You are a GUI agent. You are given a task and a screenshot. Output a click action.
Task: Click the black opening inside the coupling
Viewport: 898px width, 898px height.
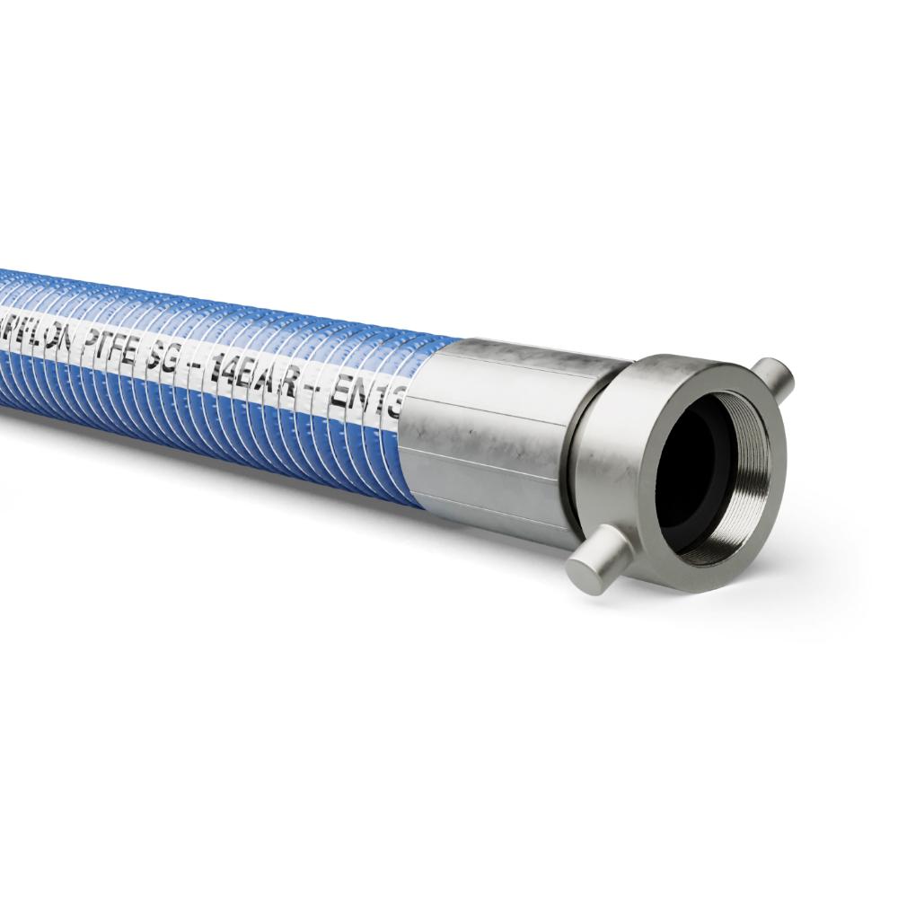coord(691,467)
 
